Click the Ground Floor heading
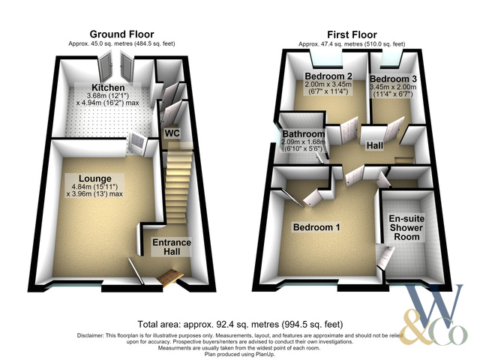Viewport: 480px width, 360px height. pyautogui.click(x=121, y=34)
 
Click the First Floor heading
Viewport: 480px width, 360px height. pyautogui.click(x=352, y=34)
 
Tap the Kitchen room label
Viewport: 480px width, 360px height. pyautogui.click(x=108, y=88)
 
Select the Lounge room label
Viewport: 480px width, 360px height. pyautogui.click(x=95, y=178)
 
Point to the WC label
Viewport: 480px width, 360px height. pyautogui.click(x=172, y=133)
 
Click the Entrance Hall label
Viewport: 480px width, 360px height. pyautogui.click(x=172, y=247)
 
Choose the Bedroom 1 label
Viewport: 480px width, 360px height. pyautogui.click(x=316, y=227)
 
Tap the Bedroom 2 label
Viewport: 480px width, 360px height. pyautogui.click(x=328, y=76)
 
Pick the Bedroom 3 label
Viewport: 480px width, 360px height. pyautogui.click(x=393, y=79)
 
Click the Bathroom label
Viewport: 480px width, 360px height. pyautogui.click(x=303, y=134)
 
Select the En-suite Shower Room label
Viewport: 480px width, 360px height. pyautogui.click(x=406, y=228)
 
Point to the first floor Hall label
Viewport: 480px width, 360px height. pyautogui.click(x=375, y=145)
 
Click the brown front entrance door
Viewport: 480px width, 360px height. pyautogui.click(x=170, y=278)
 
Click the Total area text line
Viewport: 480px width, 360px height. pyautogui.click(x=240, y=324)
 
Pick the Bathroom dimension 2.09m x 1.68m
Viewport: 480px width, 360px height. pyautogui.click(x=303, y=142)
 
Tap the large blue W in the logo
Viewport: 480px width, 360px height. pyautogui.click(x=435, y=306)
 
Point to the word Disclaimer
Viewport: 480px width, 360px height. pyautogui.click(x=91, y=335)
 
